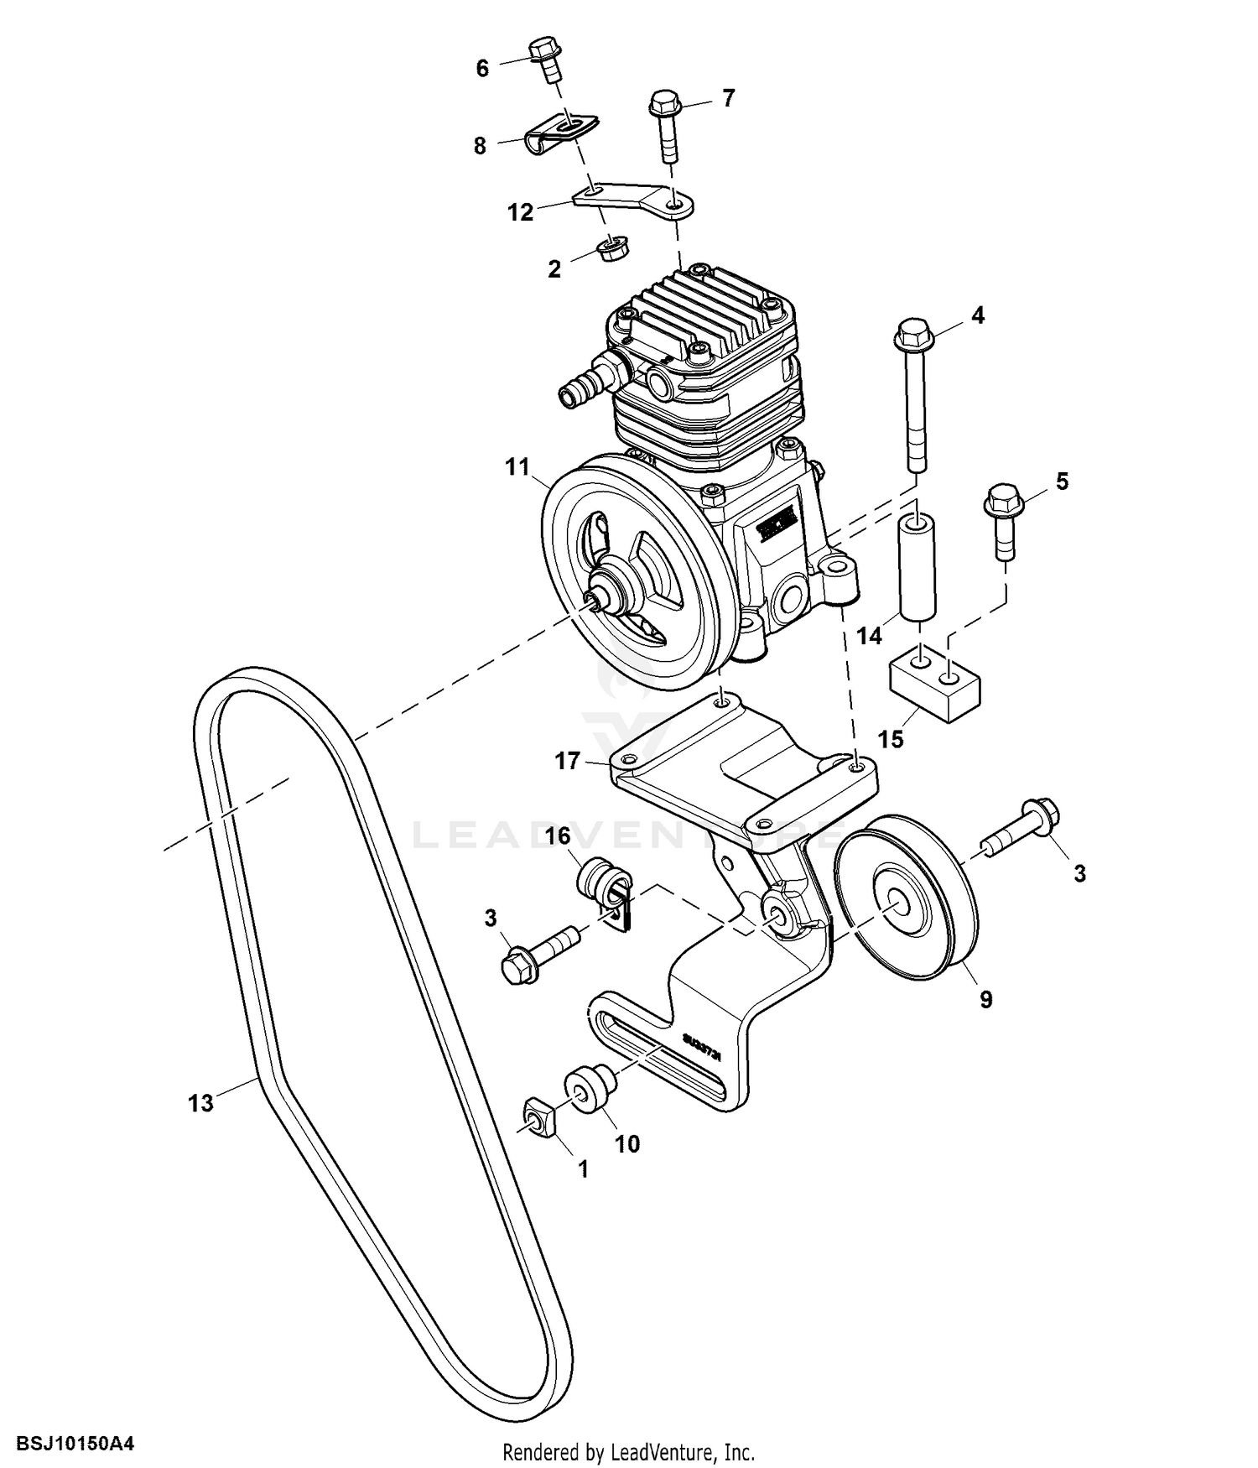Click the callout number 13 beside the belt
click(x=201, y=1103)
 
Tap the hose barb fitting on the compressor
click(x=583, y=383)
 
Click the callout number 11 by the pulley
click(x=517, y=466)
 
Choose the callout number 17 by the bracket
click(x=568, y=761)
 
